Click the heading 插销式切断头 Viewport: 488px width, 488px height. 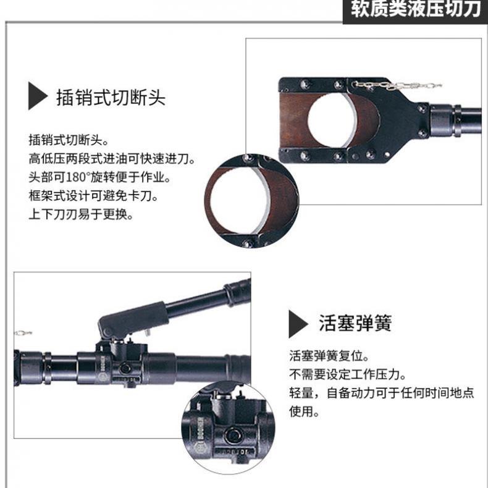[111, 98]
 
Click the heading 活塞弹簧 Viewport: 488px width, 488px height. [355, 323]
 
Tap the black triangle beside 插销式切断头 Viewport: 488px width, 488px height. [37, 96]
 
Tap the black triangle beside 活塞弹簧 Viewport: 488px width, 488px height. [298, 324]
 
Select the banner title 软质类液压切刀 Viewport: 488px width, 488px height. [416, 9]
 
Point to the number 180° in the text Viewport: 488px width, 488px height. [78, 177]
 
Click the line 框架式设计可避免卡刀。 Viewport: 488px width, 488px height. [93, 196]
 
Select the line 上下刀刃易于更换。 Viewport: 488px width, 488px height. [81, 214]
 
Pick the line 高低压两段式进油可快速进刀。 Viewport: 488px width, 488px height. [112, 159]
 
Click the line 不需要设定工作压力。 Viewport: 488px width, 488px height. [348, 374]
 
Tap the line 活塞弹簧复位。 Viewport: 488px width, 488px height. [329, 356]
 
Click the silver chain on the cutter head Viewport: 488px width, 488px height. [397, 85]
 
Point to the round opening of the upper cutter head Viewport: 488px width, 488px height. [332, 120]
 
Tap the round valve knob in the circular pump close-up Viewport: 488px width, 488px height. [233, 435]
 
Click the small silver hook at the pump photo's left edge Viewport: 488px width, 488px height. [23, 334]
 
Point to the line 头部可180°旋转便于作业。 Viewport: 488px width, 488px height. [99, 177]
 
